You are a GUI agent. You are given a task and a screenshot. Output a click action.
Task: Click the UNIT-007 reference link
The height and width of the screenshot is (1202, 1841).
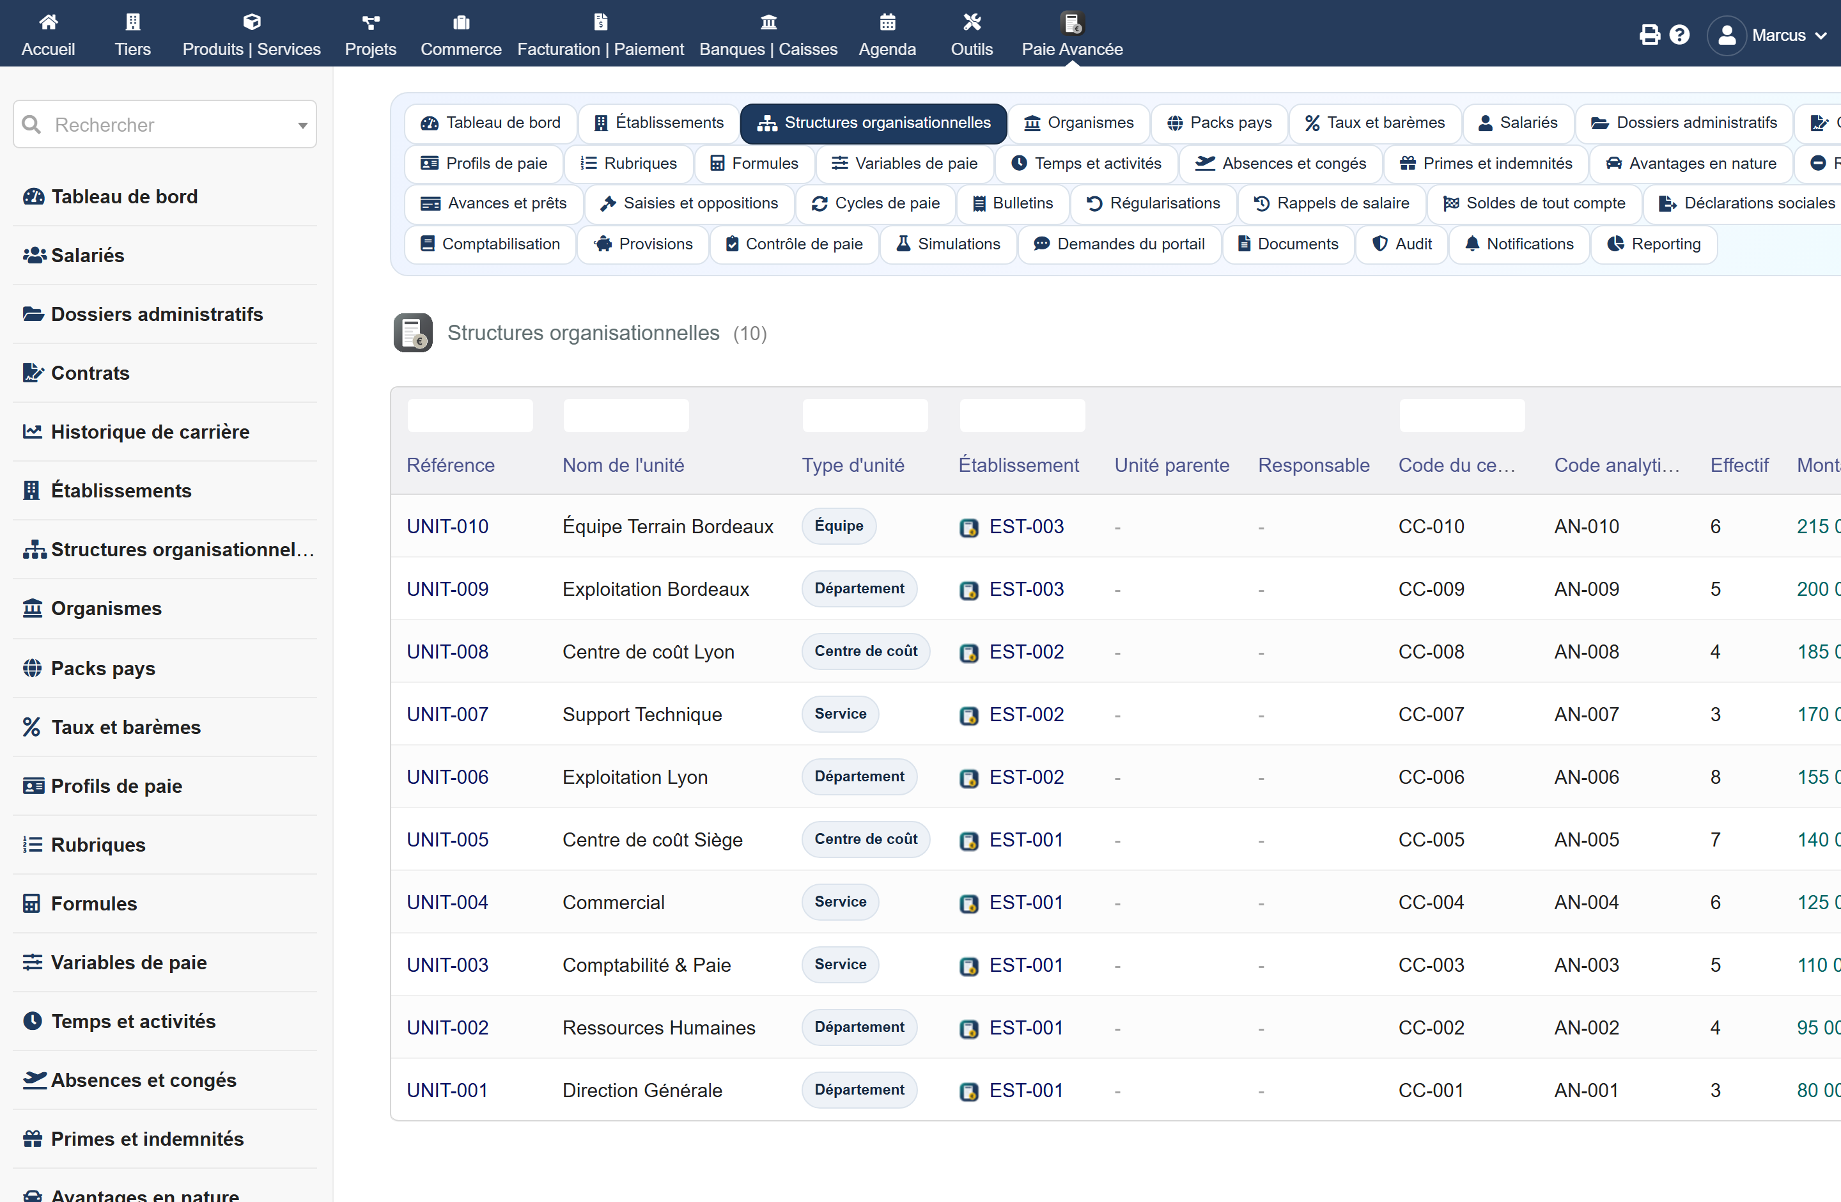[447, 714]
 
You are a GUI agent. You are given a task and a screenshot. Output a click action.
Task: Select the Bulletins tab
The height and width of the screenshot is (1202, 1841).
[1013, 203]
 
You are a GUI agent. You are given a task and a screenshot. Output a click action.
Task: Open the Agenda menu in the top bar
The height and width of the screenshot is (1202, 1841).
[887, 35]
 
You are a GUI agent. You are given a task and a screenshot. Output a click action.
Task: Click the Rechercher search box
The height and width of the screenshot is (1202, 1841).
[165, 125]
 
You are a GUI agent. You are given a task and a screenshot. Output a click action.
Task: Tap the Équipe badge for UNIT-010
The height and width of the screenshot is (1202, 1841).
[839, 526]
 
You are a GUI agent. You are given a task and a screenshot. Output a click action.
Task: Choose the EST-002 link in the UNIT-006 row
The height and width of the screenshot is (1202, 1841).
[1026, 777]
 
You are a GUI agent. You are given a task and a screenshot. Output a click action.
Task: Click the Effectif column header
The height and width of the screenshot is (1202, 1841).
[1739, 465]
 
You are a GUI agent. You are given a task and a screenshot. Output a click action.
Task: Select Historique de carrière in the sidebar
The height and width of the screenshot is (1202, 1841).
[150, 432]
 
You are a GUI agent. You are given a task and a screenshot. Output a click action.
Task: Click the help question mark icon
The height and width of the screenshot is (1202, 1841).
[1679, 35]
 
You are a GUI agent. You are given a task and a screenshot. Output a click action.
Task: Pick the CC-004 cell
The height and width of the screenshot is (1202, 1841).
[1431, 902]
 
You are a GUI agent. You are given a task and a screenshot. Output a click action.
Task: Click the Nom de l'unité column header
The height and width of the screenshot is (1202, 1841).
[623, 465]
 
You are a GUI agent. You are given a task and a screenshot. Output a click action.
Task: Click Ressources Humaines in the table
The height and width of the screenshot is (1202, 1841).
[658, 1027]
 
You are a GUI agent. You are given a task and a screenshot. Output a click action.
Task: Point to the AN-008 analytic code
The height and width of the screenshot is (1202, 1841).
[1587, 652]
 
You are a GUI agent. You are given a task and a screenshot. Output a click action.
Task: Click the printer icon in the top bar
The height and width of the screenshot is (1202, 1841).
[1649, 35]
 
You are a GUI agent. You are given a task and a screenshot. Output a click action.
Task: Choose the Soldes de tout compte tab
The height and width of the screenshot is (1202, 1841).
[1535, 203]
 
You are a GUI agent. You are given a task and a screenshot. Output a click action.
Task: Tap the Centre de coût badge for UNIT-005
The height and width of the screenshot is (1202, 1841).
[866, 839]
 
